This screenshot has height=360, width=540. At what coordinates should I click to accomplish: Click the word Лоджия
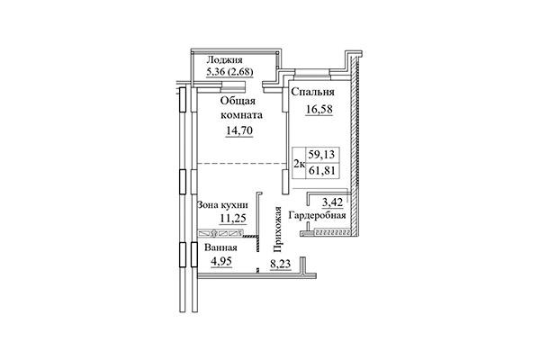[222, 60]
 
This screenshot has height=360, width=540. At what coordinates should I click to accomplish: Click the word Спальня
[311, 92]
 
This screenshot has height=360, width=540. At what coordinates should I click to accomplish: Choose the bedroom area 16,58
[311, 109]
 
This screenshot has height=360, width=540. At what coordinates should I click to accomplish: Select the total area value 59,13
[319, 154]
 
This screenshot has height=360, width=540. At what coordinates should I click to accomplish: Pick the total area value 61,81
[319, 171]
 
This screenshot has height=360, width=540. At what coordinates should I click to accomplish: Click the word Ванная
[220, 247]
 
